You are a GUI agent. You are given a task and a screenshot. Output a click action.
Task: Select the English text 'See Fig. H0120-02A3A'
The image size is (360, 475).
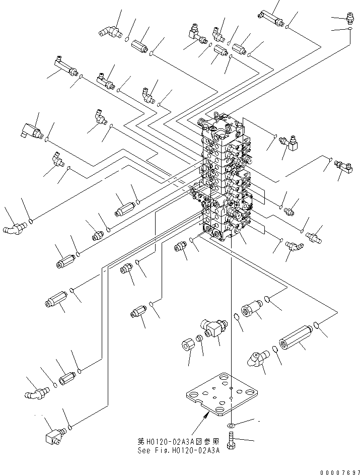point(179,450)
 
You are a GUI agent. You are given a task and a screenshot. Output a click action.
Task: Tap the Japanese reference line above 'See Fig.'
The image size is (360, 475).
point(179,441)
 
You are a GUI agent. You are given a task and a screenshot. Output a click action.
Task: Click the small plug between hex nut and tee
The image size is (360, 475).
point(199,340)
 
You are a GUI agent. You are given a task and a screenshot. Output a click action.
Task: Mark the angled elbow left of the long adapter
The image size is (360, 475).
point(257,360)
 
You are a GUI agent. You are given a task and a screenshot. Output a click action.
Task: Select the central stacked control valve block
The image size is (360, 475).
point(227,181)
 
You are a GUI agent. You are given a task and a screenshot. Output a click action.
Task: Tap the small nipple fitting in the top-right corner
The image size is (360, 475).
point(347,20)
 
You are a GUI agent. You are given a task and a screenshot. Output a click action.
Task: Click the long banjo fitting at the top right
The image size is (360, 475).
point(272,18)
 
